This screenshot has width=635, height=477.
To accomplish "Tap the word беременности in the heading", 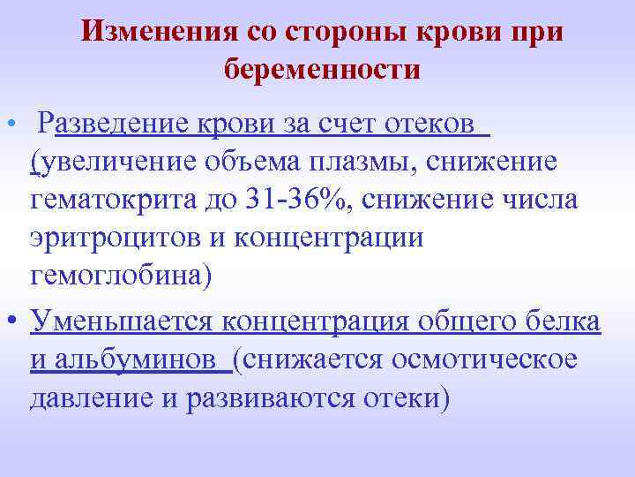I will (322, 68).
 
